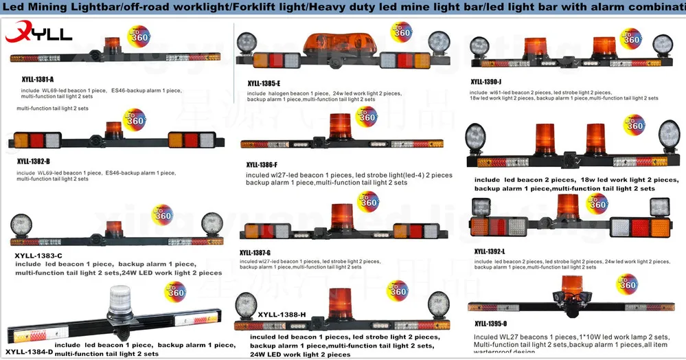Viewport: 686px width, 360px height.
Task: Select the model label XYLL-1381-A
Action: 37,80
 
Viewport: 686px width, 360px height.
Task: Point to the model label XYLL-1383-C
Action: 38,256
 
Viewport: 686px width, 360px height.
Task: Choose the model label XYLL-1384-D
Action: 28,351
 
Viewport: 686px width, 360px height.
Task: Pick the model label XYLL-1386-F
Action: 262,165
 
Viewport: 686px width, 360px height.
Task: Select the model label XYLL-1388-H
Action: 282,315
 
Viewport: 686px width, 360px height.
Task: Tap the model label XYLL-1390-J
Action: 491,81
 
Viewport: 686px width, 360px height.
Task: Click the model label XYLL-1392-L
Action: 490,251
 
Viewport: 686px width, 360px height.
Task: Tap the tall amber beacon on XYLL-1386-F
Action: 340,128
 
